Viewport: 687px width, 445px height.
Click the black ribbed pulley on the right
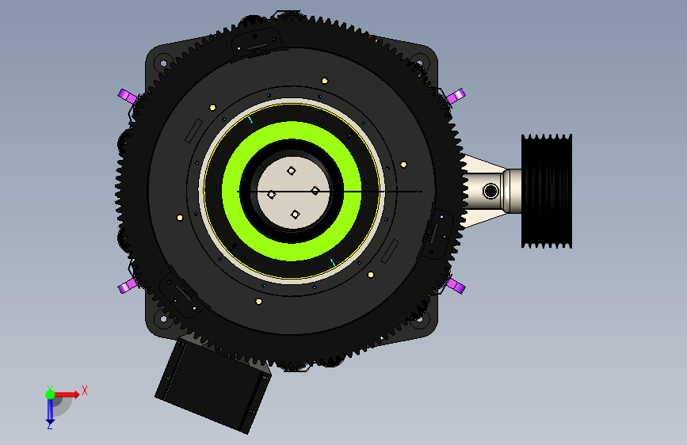[547, 192]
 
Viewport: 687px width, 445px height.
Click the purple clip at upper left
[128, 96]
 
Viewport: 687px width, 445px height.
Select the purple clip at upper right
[456, 96]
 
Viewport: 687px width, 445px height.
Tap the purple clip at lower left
[128, 286]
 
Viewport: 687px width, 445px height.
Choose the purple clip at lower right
[456, 286]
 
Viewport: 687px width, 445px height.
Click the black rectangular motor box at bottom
[213, 385]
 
